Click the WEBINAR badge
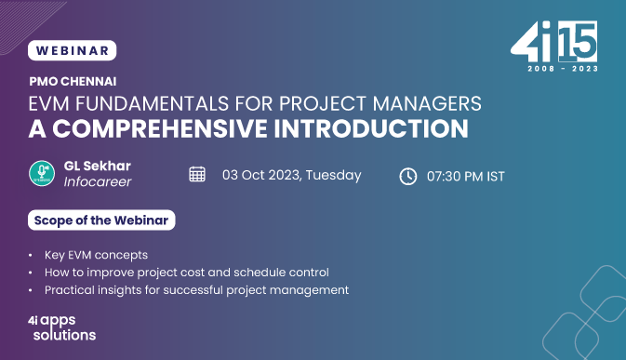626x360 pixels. tap(73, 50)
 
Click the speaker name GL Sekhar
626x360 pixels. tap(97, 166)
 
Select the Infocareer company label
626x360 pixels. tap(98, 181)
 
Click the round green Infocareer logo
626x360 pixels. tap(42, 174)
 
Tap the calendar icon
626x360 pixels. tap(197, 175)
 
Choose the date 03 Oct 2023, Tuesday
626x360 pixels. tap(291, 175)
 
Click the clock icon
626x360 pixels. tap(407, 176)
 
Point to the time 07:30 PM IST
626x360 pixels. tap(465, 176)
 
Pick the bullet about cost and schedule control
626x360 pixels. tap(186, 272)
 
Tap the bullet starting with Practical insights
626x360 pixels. tap(195, 289)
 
